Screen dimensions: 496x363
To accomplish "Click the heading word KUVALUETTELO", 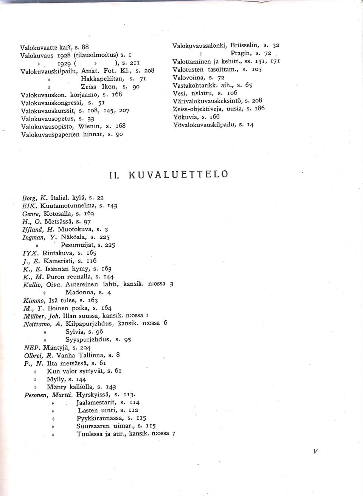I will tap(178, 175).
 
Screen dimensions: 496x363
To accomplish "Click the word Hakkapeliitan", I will tap(103, 78).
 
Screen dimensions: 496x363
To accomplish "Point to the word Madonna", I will tap(80, 292).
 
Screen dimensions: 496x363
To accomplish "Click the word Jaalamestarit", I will tap(96, 403).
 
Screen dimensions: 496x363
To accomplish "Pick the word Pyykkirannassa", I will tap(100, 418).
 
